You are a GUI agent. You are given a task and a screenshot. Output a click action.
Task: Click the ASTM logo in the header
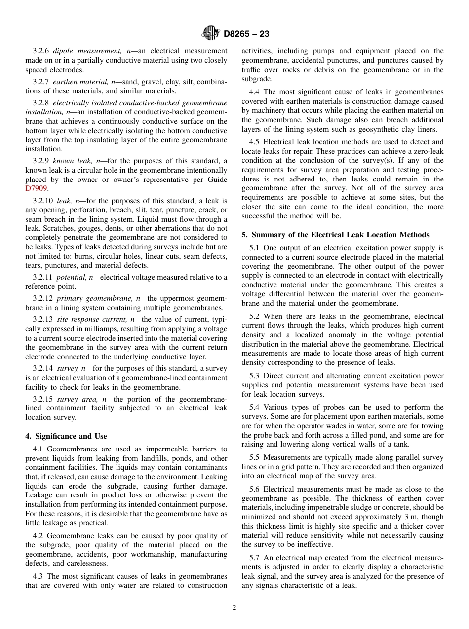point(211,34)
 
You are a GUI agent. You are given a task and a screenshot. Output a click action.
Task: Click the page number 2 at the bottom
point(234,608)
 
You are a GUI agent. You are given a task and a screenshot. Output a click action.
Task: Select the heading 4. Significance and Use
point(66,436)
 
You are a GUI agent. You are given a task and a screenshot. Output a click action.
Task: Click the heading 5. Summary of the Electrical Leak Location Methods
point(335,235)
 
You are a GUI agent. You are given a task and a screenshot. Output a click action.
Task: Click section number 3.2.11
point(43,278)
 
